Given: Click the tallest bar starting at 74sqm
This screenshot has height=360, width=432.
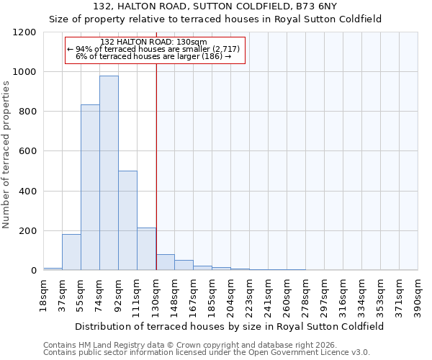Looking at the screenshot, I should pos(109,173).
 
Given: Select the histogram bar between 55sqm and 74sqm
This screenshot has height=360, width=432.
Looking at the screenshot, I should pos(90,187).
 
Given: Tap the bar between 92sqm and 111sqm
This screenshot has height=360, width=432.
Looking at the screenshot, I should pos(127,220).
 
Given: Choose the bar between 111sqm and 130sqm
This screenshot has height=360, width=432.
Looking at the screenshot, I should pos(146,249).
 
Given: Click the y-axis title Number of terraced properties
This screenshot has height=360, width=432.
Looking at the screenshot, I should pos(6,155).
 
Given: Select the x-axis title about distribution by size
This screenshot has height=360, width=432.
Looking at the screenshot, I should pos(230,326).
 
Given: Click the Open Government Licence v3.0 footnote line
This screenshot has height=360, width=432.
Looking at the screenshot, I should pos(207,352).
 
